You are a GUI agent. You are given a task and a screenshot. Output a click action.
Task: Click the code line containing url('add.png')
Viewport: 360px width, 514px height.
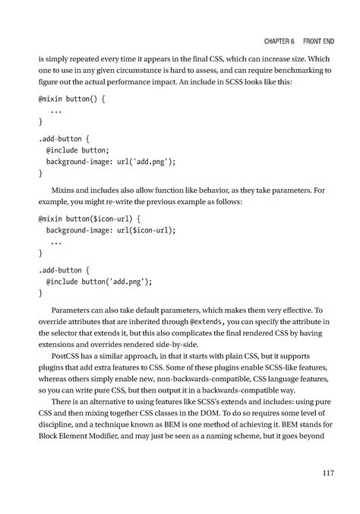click(111, 162)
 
